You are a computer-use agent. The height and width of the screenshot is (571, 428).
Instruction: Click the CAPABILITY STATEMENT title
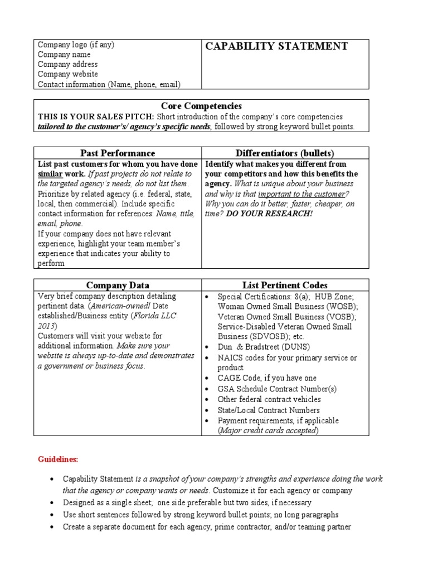tap(276, 46)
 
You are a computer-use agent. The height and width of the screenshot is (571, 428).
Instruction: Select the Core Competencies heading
tap(201, 105)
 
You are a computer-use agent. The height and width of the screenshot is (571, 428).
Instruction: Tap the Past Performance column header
tap(118, 153)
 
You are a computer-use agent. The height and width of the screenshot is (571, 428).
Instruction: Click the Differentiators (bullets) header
tap(285, 153)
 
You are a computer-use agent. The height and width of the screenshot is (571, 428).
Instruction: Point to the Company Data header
tap(118, 285)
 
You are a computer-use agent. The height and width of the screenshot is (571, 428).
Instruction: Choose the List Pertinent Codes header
tap(285, 285)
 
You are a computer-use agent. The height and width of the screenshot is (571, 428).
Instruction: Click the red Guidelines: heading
tap(58, 459)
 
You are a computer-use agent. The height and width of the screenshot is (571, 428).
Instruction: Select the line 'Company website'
tap(68, 74)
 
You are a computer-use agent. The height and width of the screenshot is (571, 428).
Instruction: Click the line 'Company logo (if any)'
tap(76, 45)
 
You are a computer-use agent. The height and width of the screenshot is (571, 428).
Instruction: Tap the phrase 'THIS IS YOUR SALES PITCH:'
tap(96, 117)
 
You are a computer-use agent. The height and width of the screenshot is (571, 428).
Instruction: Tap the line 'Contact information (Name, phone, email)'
tap(109, 84)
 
